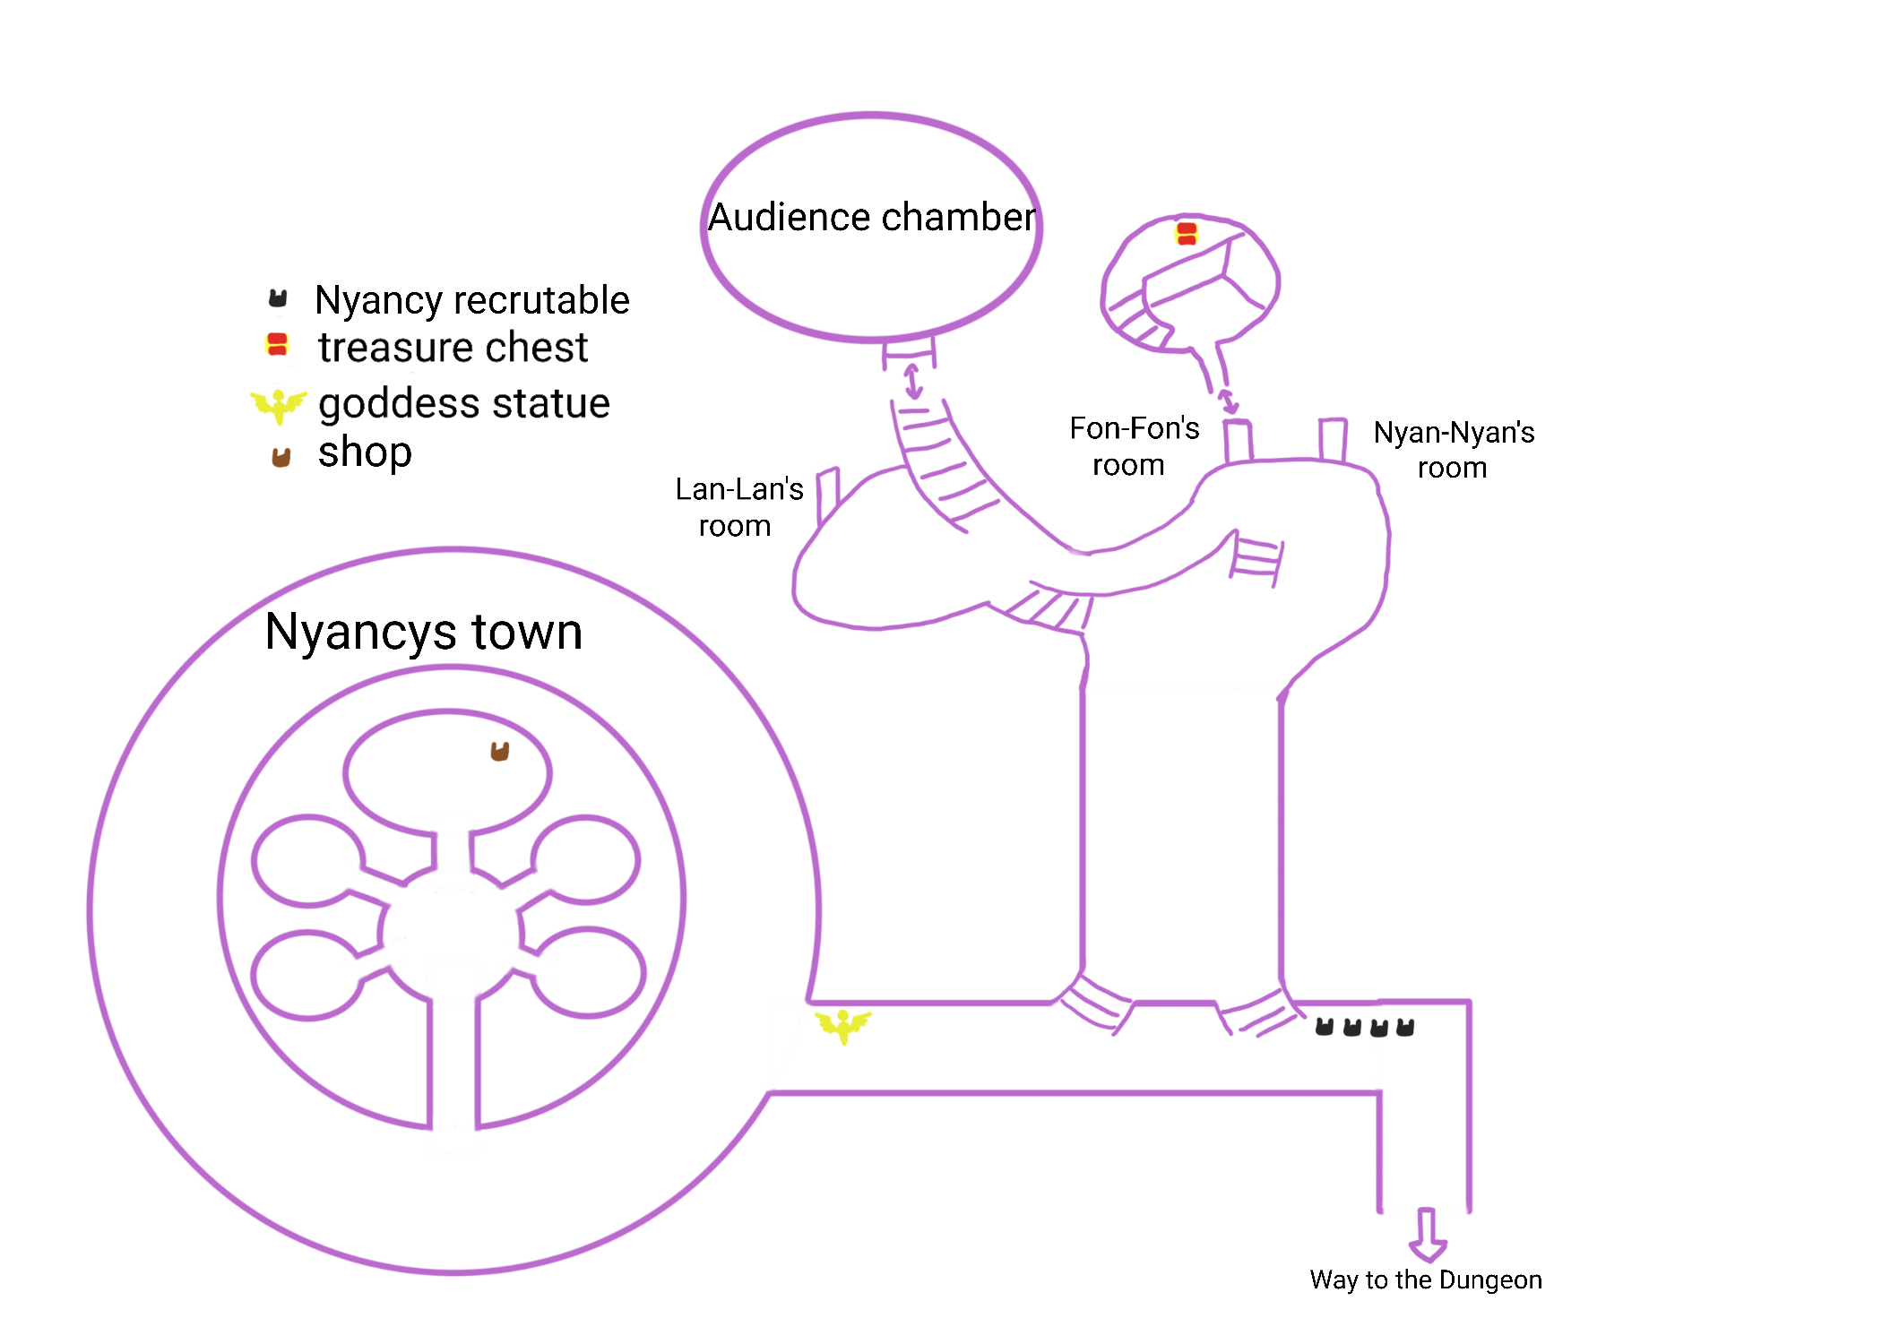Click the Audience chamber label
pyautogui.click(x=871, y=218)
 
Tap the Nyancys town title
pyautogui.click(x=424, y=633)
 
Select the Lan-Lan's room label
pyautogui.click(x=738, y=507)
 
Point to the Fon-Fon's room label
pyautogui.click(x=1133, y=446)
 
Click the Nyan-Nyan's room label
pyautogui.click(x=1453, y=450)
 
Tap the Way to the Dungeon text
pyautogui.click(x=1425, y=1279)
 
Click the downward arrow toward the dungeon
pyautogui.click(x=1427, y=1235)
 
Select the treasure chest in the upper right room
pyautogui.click(x=1186, y=234)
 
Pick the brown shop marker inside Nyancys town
pyautogui.click(x=500, y=751)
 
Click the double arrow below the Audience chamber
pyautogui.click(x=912, y=380)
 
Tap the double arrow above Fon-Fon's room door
pyautogui.click(x=1228, y=401)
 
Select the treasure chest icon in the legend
pyautogui.click(x=277, y=345)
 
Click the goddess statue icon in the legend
pyautogui.click(x=279, y=405)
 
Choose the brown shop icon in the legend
pyautogui.click(x=281, y=457)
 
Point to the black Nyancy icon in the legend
pyautogui.click(x=278, y=298)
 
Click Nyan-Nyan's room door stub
pyautogui.click(x=1332, y=439)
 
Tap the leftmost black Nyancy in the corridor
pyautogui.click(x=1324, y=1027)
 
